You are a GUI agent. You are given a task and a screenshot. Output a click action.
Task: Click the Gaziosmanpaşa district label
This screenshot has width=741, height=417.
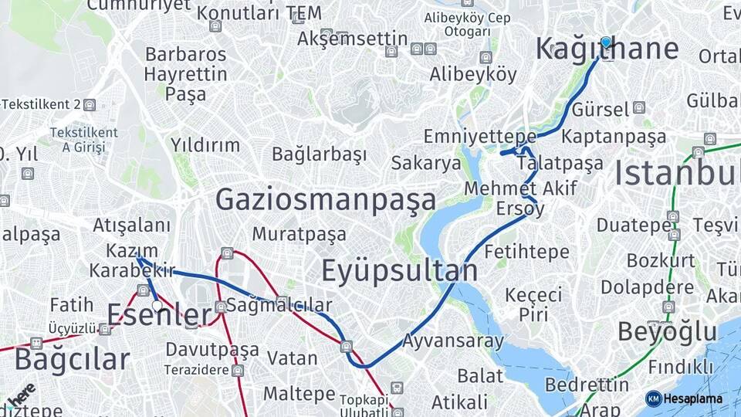pos(326,200)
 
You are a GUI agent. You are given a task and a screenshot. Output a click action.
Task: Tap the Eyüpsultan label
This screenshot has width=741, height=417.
pos(399,271)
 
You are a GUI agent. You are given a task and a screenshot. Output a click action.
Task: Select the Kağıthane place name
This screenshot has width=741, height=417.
pos(607,49)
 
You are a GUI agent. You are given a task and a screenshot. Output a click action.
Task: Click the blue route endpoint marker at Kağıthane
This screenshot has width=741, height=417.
pos(606,42)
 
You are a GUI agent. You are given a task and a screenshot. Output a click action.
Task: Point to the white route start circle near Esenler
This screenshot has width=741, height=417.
pos(157,306)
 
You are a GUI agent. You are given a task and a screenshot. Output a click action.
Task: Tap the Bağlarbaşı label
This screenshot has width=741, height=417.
pos(319,154)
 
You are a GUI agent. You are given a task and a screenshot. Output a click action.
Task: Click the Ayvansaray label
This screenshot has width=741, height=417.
pos(453,341)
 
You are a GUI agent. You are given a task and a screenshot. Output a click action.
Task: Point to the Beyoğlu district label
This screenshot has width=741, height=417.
pos(667,332)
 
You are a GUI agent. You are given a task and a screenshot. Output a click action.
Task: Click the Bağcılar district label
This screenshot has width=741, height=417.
pos(72,360)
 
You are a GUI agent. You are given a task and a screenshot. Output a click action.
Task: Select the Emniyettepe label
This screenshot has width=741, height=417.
pos(469,137)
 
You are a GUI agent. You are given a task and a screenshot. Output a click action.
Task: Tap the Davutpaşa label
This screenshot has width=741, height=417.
pos(212,350)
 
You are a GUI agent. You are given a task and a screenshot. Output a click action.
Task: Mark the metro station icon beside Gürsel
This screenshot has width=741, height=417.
pos(638,107)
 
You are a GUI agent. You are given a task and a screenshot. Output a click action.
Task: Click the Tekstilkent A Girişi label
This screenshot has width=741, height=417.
pos(83,140)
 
